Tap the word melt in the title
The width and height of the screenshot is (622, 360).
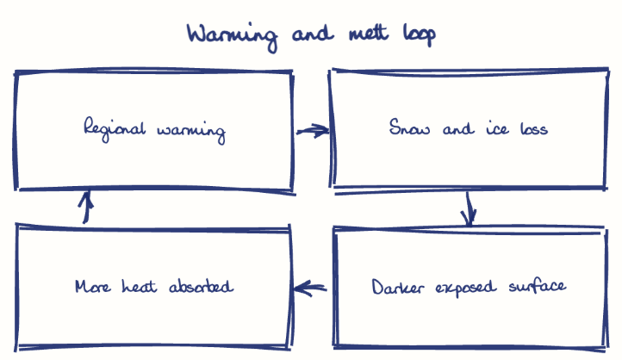(x=369, y=33)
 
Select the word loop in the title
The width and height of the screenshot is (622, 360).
(x=420, y=35)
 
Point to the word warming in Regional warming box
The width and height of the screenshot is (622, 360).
(x=191, y=133)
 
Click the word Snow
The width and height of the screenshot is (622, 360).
(x=409, y=127)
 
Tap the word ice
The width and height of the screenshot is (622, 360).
(x=497, y=129)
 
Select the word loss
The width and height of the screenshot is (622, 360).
(x=534, y=128)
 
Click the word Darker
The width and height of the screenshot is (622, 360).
(x=398, y=287)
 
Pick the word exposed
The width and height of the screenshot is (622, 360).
(x=466, y=287)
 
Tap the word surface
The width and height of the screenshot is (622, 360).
(x=538, y=285)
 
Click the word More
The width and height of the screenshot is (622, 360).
(x=93, y=286)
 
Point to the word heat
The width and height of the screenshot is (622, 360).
(x=140, y=286)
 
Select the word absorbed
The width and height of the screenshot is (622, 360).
(x=201, y=286)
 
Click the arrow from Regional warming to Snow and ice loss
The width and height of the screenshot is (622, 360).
(x=313, y=130)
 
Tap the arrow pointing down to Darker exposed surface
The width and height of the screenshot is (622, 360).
(x=469, y=209)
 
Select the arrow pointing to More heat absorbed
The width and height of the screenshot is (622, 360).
(x=310, y=289)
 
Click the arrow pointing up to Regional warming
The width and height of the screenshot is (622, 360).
(x=85, y=207)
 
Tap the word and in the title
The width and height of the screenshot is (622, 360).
(x=313, y=34)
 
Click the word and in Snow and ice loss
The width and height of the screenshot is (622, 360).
(x=458, y=128)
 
